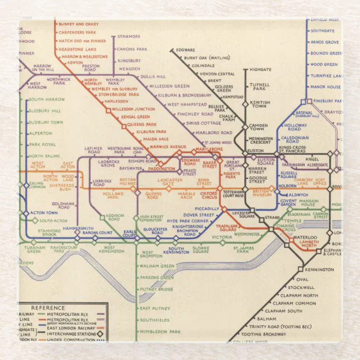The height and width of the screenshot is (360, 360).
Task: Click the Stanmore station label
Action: pos(129,36)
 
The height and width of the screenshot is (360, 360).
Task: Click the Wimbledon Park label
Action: pos(161,331)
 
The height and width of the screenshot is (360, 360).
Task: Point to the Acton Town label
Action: pos(44,212)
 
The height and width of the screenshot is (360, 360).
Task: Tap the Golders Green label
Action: pos(224,89)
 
